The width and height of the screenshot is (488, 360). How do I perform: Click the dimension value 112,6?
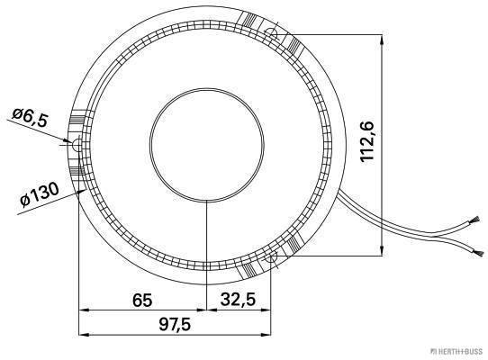[367, 141]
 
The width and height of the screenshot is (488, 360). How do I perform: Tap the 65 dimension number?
[142, 301]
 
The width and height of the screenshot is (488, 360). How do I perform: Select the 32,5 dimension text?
[238, 300]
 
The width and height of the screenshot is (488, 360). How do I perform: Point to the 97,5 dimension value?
[175, 325]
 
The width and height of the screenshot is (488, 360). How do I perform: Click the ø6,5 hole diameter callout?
[31, 118]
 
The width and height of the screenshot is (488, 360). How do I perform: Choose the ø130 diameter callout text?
[40, 194]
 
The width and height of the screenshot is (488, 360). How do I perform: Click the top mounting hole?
[272, 33]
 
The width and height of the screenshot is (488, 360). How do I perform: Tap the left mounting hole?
[77, 145]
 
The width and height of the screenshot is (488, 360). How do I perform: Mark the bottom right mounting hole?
[272, 256]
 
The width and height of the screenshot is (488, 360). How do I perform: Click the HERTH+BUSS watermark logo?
[456, 352]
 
